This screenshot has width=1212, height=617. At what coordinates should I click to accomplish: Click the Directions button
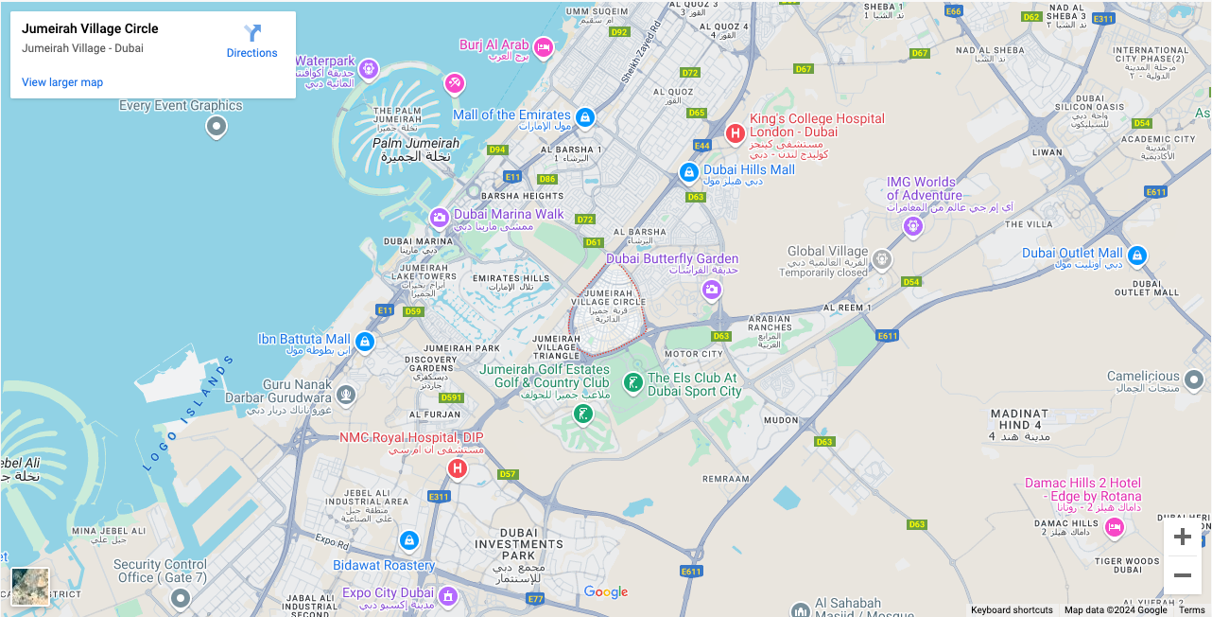tap(251, 42)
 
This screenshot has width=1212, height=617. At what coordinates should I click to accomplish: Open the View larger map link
tap(62, 82)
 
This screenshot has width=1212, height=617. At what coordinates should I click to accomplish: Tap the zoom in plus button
tap(1182, 538)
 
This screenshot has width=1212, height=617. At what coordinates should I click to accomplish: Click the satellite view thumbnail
tap(30, 586)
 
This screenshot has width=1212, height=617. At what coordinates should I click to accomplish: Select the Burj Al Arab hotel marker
tap(544, 46)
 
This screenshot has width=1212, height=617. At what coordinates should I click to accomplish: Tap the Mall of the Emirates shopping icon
tap(585, 116)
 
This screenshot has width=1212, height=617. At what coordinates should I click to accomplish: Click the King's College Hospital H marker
tap(735, 133)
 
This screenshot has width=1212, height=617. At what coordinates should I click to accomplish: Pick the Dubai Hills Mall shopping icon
tap(689, 172)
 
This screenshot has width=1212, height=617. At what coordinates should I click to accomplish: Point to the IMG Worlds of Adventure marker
tap(912, 225)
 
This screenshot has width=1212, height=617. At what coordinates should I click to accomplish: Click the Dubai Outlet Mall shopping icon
tap(1137, 255)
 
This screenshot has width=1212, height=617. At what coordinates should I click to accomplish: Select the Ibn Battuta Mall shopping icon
tap(365, 341)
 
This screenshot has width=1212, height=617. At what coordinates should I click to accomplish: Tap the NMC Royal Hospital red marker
tap(458, 468)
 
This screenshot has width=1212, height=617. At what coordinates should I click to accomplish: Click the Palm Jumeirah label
tap(416, 144)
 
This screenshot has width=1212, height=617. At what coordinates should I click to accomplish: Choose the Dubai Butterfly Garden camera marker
tap(712, 290)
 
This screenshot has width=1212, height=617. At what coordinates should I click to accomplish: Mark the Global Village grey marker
tap(881, 258)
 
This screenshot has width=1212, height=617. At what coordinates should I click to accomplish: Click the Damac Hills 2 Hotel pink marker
tap(1115, 526)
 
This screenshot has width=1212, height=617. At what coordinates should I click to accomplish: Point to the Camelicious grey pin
tap(1194, 379)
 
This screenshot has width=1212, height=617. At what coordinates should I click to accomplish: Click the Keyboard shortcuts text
tap(1012, 610)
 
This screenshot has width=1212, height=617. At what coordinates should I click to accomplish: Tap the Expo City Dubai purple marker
tap(448, 596)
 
